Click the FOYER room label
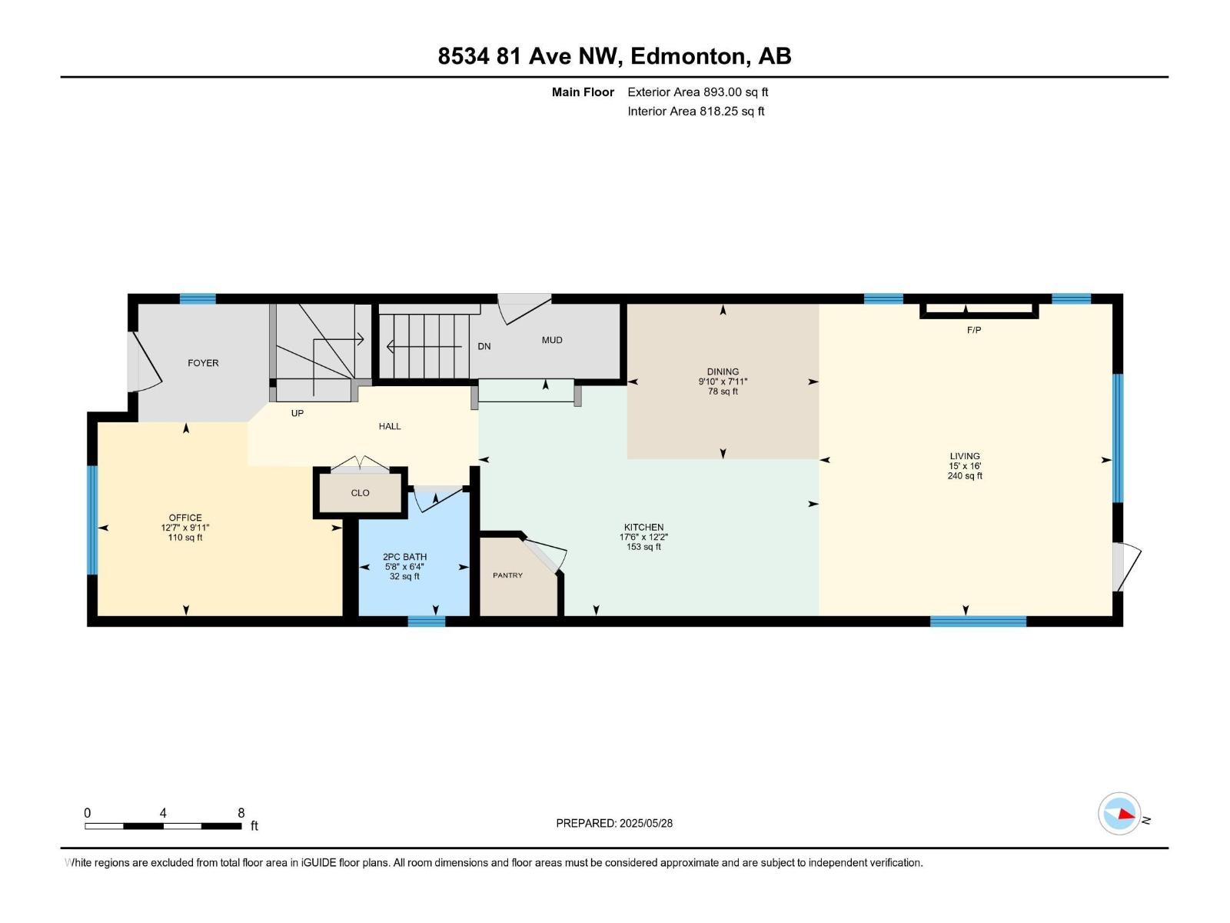click(203, 363)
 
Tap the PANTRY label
click(507, 575)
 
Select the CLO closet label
click(360, 493)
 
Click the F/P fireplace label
click(973, 330)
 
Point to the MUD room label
click(552, 340)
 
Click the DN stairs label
click(484, 346)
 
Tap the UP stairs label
click(298, 413)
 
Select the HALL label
click(390, 426)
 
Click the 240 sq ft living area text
click(964, 476)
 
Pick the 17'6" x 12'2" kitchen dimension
click(643, 538)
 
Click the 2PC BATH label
click(404, 557)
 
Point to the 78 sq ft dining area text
click(723, 392)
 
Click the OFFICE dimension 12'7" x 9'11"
click(185, 528)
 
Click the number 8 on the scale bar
click(241, 813)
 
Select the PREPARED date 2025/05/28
click(645, 823)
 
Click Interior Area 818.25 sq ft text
click(696, 111)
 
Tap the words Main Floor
click(583, 92)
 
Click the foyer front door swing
click(146, 362)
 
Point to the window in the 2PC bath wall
click(426, 621)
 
